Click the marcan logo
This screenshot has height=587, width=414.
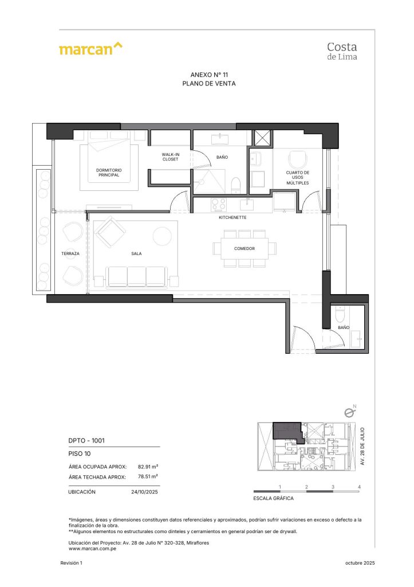[90, 49]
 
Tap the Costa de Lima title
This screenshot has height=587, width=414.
[343, 50]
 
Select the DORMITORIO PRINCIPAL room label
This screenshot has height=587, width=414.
[109, 173]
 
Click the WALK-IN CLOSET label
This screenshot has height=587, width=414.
[170, 157]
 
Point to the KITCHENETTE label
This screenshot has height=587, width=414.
[232, 218]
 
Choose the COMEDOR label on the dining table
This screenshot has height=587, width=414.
[244, 248]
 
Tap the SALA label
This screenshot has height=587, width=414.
[136, 253]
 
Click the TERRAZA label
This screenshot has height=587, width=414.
[70, 253]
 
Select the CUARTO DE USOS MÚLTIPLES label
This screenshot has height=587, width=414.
[298, 178]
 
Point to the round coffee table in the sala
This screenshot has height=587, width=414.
[162, 236]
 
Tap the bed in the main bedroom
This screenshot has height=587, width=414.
[109, 166]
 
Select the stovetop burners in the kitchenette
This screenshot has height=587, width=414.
[219, 204]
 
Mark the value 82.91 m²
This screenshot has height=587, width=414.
[148, 467]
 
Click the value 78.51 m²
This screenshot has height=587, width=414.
[148, 476]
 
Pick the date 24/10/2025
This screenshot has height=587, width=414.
[144, 492]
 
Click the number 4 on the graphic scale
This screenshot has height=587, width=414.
[359, 487]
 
